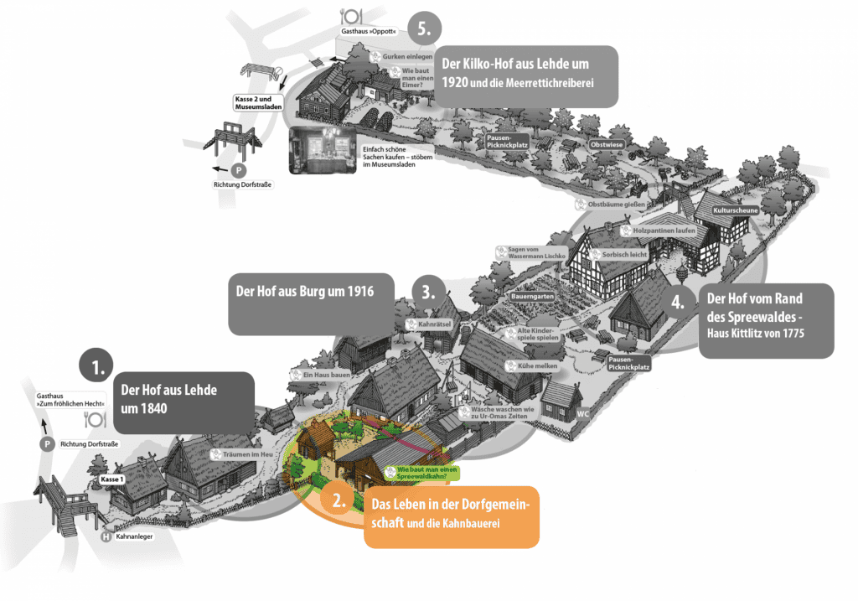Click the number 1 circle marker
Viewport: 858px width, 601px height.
click(x=98, y=367)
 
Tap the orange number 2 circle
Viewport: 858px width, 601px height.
click(x=339, y=501)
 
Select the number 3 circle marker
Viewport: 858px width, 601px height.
click(x=427, y=293)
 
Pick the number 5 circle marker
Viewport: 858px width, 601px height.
click(x=425, y=27)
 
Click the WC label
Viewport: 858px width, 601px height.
click(x=583, y=413)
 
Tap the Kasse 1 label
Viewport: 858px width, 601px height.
click(x=111, y=479)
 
